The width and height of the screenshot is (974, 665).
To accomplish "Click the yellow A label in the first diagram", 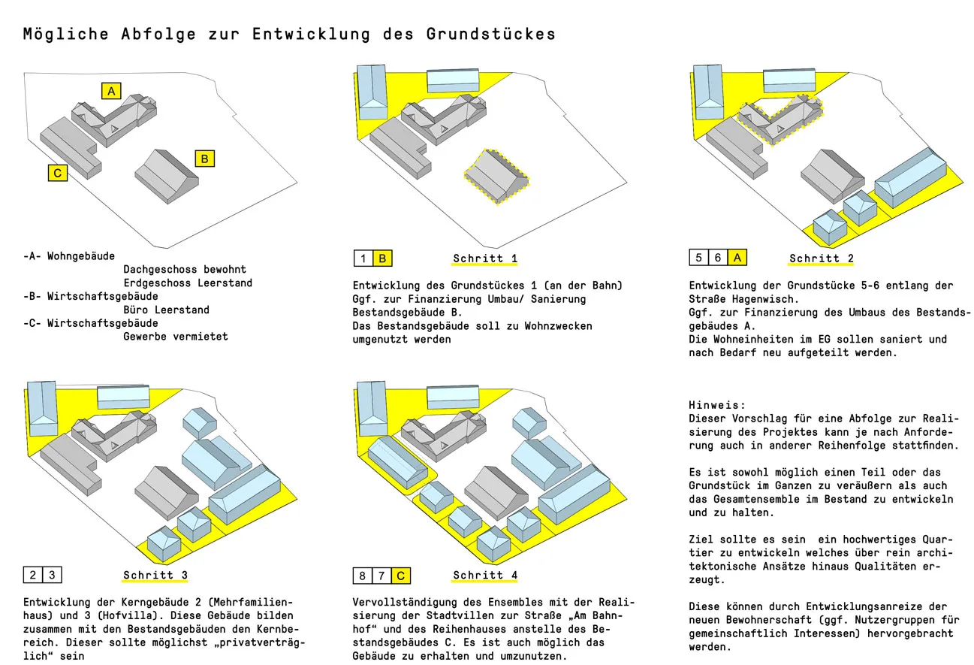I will [x=111, y=91].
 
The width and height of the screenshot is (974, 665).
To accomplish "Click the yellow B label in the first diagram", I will [x=205, y=159].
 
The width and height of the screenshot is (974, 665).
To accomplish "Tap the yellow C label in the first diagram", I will [x=57, y=173].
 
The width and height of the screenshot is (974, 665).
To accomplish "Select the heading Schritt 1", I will [x=485, y=258].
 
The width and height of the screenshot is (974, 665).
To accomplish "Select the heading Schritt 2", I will [x=822, y=258].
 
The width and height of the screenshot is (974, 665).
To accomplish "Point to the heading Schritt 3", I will [x=155, y=576].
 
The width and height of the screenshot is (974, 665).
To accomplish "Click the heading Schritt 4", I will [x=485, y=576].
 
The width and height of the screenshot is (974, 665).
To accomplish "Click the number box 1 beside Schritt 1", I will [x=363, y=258].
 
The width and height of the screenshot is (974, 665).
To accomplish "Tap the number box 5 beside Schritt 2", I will [x=699, y=258].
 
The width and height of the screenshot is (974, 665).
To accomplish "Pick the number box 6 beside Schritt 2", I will [x=718, y=258].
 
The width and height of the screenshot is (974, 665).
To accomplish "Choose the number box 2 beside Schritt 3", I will [x=33, y=576].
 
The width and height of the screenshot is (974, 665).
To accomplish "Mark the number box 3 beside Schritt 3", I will [x=52, y=576].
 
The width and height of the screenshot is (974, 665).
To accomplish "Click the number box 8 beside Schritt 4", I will [x=363, y=576].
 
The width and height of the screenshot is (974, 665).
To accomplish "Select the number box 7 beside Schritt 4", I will [x=382, y=576].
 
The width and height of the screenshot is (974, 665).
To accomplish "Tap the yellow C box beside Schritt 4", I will [x=402, y=576].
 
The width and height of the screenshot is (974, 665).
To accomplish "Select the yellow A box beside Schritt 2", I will [x=737, y=258].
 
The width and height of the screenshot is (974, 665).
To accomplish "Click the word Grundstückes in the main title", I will [x=491, y=35].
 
